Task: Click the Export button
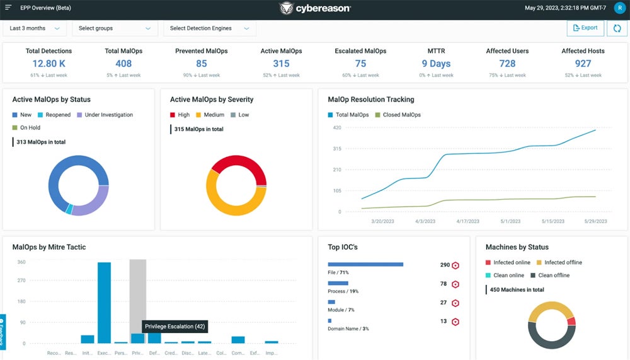(x=585, y=28)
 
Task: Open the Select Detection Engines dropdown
(x=209, y=28)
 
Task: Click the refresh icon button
(x=617, y=28)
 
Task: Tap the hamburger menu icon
(x=8, y=8)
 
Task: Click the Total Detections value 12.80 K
(x=49, y=63)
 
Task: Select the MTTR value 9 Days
(x=436, y=63)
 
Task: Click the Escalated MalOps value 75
(x=360, y=63)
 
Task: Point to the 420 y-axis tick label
(x=336, y=127)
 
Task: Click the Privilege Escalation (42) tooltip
(x=175, y=327)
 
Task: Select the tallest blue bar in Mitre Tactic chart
(x=104, y=303)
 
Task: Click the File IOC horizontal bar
(x=365, y=265)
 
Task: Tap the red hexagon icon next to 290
(x=455, y=265)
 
